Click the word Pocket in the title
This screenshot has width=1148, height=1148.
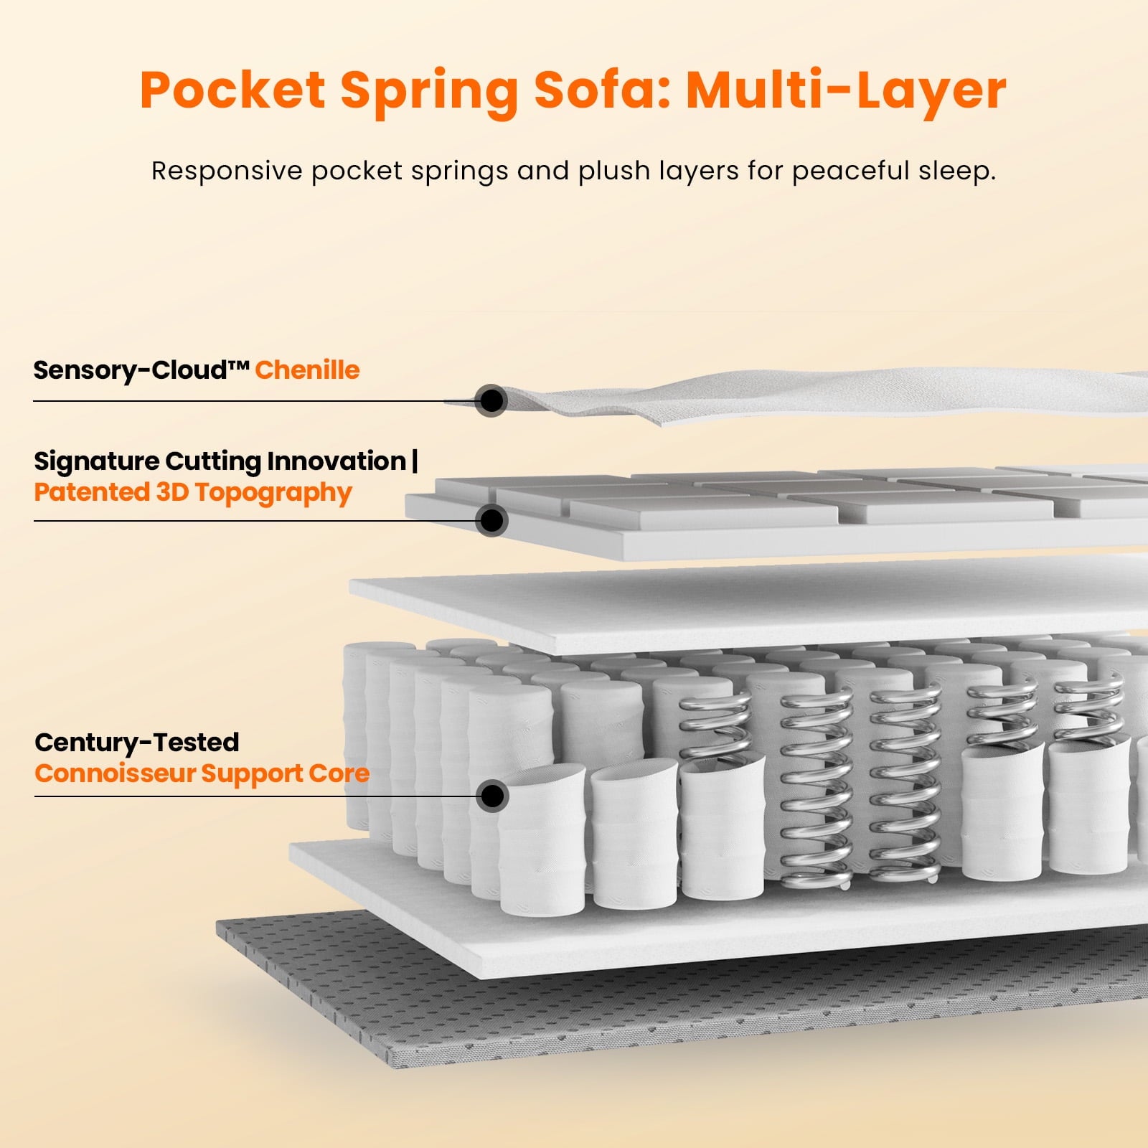tap(232, 90)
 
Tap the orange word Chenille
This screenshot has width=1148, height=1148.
tap(307, 370)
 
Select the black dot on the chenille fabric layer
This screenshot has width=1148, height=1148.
tap(491, 400)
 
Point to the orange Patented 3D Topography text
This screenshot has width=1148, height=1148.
tap(193, 493)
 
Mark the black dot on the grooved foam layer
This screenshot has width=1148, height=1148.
tap(491, 520)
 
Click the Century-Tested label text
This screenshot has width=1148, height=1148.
tap(136, 742)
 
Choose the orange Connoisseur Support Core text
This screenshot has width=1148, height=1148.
tap(202, 773)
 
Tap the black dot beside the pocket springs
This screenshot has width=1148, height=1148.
tap(493, 796)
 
